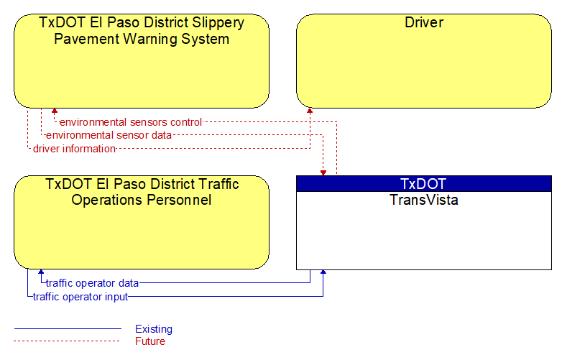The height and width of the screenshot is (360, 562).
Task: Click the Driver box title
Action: pyautogui.click(x=423, y=22)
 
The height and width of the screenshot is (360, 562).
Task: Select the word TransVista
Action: pyautogui.click(x=423, y=200)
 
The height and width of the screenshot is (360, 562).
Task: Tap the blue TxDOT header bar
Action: pyautogui.click(x=423, y=183)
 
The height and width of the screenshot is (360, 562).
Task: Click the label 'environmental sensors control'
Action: pyautogui.click(x=131, y=122)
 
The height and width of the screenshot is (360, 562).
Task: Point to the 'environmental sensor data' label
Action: pyautogui.click(x=109, y=135)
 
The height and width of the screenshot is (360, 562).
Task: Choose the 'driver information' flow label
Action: pyautogui.click(x=74, y=149)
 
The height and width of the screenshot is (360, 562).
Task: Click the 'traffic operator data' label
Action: pyautogui.click(x=92, y=283)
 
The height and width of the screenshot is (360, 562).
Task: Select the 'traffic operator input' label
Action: pyautogui.click(x=80, y=297)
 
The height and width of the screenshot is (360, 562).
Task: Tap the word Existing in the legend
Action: pyautogui.click(x=154, y=329)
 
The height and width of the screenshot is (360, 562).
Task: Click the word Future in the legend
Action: pyautogui.click(x=149, y=341)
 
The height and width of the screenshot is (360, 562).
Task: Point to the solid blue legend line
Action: pyautogui.click(x=68, y=328)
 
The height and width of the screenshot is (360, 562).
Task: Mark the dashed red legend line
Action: pyautogui.click(x=67, y=341)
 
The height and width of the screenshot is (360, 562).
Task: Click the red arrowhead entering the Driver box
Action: pyautogui.click(x=310, y=111)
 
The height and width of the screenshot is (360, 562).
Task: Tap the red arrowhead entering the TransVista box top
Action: pyautogui.click(x=323, y=173)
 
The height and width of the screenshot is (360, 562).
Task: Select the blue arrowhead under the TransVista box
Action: pyautogui.click(x=323, y=272)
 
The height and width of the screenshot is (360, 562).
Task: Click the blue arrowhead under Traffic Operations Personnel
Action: pyautogui.click(x=41, y=272)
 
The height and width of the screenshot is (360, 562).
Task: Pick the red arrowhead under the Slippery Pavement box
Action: pyautogui.click(x=55, y=111)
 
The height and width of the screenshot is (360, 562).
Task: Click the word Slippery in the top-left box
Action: pyautogui.click(x=218, y=22)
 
